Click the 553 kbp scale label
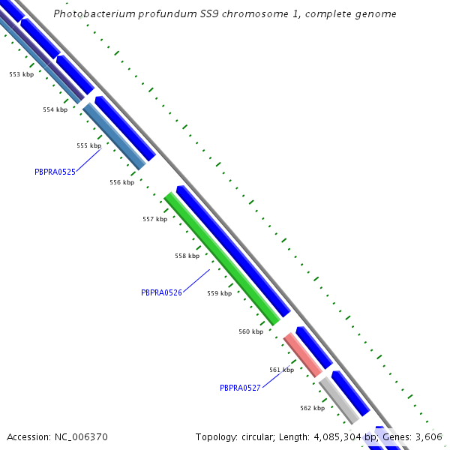coord(21,75)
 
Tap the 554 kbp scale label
coord(55,110)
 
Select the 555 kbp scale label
coord(88,146)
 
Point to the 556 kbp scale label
coord(121,183)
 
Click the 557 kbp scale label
coord(154,220)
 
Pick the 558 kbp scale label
coord(187,256)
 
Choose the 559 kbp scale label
coord(219,294)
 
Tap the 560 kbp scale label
coord(251,331)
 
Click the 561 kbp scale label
coord(281,370)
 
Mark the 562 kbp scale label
coord(312,409)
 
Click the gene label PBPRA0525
coord(55,172)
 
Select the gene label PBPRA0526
coord(161,292)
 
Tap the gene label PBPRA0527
coord(240,388)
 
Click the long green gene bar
coord(221,258)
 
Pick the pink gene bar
coord(302,355)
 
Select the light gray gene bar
coord(339,400)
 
